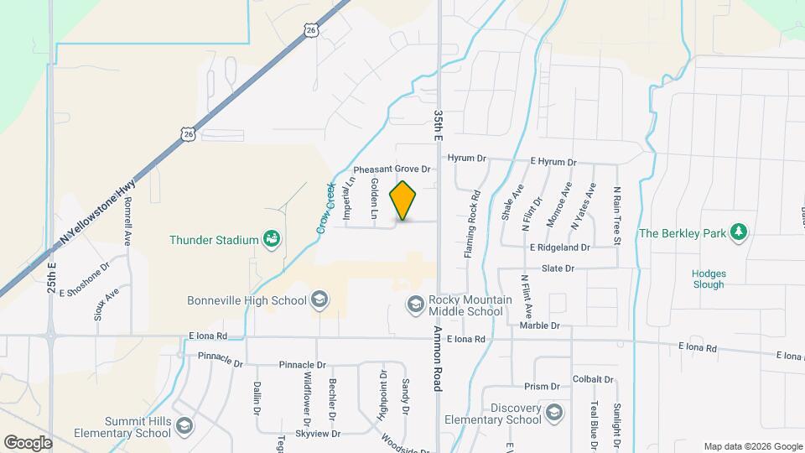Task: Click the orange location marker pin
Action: (403, 200)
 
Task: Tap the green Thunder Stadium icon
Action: (272, 240)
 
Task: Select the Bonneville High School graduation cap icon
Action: (318, 299)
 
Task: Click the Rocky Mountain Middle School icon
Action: (414, 305)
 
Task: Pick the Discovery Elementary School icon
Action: (553, 413)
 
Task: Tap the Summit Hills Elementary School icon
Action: (183, 428)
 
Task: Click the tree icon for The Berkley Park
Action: (738, 232)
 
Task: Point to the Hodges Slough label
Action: (709, 279)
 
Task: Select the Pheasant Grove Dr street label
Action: (392, 169)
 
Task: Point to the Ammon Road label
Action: (437, 358)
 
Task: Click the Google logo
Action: (29, 442)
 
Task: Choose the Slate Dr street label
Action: (558, 268)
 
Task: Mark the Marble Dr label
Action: (538, 325)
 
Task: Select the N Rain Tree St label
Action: (616, 216)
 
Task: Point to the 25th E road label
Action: (52, 277)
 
